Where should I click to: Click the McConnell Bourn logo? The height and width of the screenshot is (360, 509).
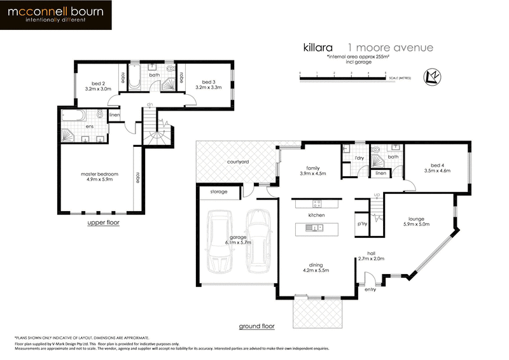57,15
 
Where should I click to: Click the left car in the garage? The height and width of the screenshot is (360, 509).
220,242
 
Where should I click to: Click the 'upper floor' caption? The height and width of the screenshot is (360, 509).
103,223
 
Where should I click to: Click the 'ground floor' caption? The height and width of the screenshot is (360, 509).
256,326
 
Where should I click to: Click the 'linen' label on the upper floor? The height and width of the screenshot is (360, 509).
115,115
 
